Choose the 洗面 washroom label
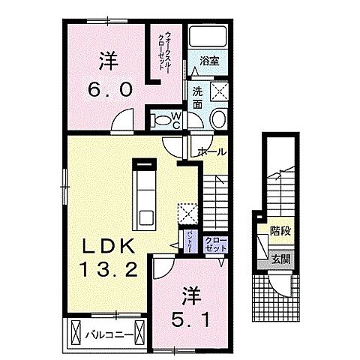pyautogui.click(x=197, y=98)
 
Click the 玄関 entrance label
pyautogui.click(x=281, y=260)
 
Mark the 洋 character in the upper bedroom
pyautogui.click(x=108, y=58)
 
